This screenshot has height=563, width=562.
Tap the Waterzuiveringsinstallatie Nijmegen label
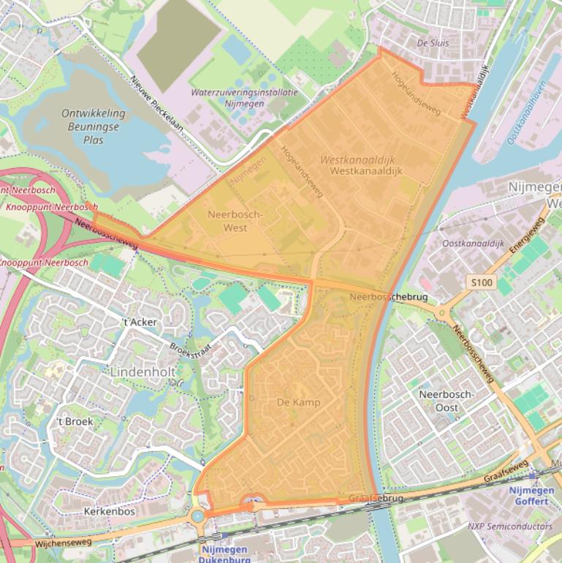tap(244, 98)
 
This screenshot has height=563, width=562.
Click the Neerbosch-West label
tap(235, 221)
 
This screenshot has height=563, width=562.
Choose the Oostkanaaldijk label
tap(474, 243)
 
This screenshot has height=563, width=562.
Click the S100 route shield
tap(479, 281)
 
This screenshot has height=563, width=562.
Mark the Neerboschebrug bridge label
tap(388, 298)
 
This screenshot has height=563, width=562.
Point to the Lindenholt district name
tap(143, 371)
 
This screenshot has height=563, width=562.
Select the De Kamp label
tap(298, 402)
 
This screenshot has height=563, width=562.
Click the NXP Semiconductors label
tap(510, 526)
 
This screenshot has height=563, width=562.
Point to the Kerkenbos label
tap(110, 511)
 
